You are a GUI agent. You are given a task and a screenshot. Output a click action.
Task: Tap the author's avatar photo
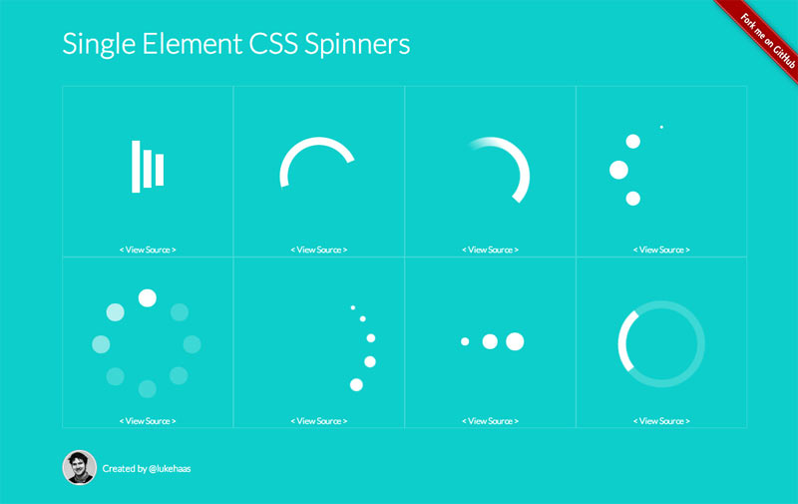(x=79, y=467)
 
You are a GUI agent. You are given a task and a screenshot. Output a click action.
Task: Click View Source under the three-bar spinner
(x=148, y=250)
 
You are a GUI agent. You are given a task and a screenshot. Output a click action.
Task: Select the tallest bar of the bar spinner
(x=136, y=166)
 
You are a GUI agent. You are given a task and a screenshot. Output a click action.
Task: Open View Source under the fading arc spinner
(x=490, y=250)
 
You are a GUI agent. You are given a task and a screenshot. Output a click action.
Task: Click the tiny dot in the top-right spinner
(x=661, y=127)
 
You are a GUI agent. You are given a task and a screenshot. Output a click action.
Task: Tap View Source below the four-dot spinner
(x=661, y=250)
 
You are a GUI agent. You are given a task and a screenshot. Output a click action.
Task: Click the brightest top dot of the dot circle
(x=148, y=297)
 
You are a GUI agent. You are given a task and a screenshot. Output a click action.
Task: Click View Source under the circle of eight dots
(x=148, y=421)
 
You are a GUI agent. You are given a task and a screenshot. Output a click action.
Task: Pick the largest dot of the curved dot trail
(x=356, y=384)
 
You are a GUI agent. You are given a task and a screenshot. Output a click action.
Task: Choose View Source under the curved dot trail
(x=319, y=421)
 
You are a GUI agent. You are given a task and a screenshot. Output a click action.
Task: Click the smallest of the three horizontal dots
(x=465, y=341)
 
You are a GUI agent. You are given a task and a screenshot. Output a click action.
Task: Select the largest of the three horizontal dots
(x=515, y=341)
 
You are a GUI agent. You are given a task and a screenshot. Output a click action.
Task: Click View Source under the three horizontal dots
(x=490, y=421)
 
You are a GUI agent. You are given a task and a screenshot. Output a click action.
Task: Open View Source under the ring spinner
(x=661, y=421)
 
